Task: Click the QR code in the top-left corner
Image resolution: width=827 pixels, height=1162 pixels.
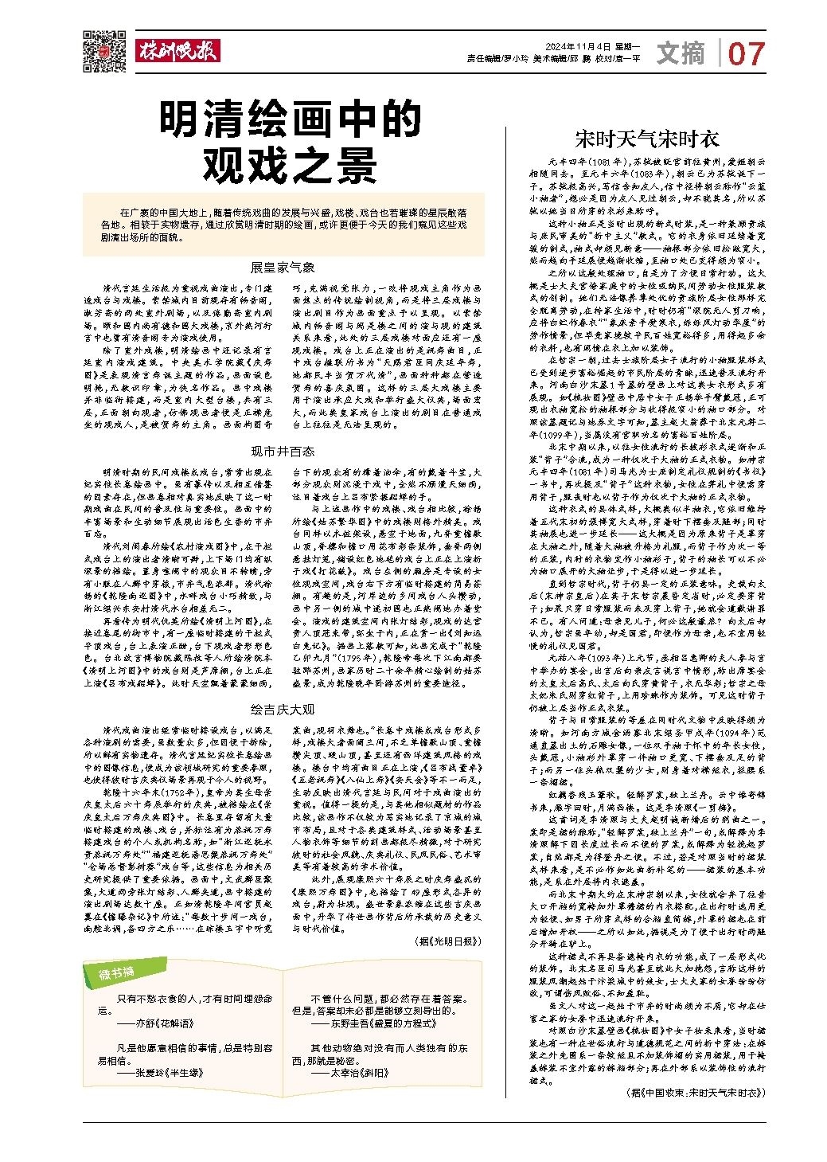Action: coord(103,50)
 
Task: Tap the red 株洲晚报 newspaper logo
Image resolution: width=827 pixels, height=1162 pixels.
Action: coord(176,51)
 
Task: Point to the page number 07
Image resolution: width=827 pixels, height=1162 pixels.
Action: coord(746,54)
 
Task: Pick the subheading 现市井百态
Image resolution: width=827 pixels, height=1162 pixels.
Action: coord(283,452)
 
